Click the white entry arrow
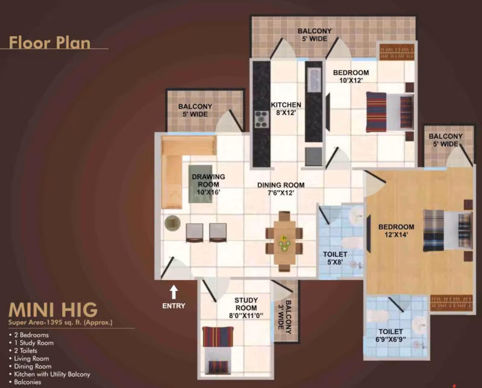[174, 292]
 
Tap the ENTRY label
[174, 306]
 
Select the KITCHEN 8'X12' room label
[286, 109]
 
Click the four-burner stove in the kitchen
[261, 119]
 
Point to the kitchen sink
[314, 80]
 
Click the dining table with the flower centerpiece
[284, 242]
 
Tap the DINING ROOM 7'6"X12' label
[281, 189]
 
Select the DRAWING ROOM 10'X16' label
[208, 184]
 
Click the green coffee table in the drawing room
[201, 184]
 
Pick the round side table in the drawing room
[172, 223]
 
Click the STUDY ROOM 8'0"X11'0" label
[246, 308]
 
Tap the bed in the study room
[218, 351]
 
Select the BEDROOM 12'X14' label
[396, 231]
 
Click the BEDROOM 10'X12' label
[351, 77]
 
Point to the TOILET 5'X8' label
[335, 258]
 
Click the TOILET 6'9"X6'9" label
[390, 336]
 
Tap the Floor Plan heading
[49, 42]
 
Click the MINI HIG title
[53, 310]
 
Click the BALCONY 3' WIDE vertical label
[285, 317]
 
